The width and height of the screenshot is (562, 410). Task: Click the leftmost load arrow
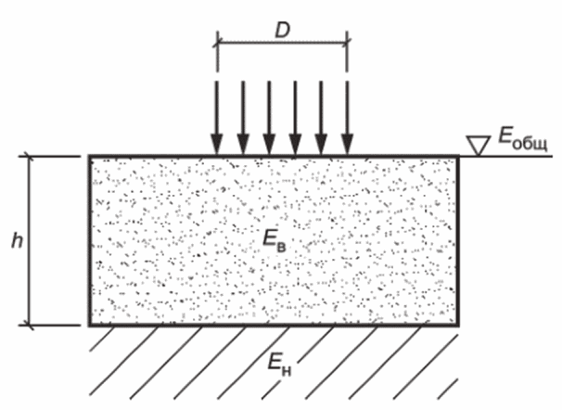(216, 117)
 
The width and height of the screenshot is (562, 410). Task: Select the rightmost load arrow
(347, 117)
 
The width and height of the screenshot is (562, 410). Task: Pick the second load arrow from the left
(243, 117)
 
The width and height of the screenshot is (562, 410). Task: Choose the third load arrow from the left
(269, 117)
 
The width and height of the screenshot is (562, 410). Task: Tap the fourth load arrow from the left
(295, 117)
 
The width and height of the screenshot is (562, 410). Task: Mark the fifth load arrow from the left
(321, 117)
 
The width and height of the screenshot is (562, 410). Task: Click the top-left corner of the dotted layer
(90, 156)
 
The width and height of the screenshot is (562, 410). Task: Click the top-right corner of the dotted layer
(457, 156)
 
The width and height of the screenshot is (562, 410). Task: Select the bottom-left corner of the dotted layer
(90, 326)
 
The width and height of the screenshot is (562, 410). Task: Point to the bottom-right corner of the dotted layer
(457, 326)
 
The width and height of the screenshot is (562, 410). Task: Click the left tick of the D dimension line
(216, 41)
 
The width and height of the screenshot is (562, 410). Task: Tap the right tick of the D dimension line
(347, 41)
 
